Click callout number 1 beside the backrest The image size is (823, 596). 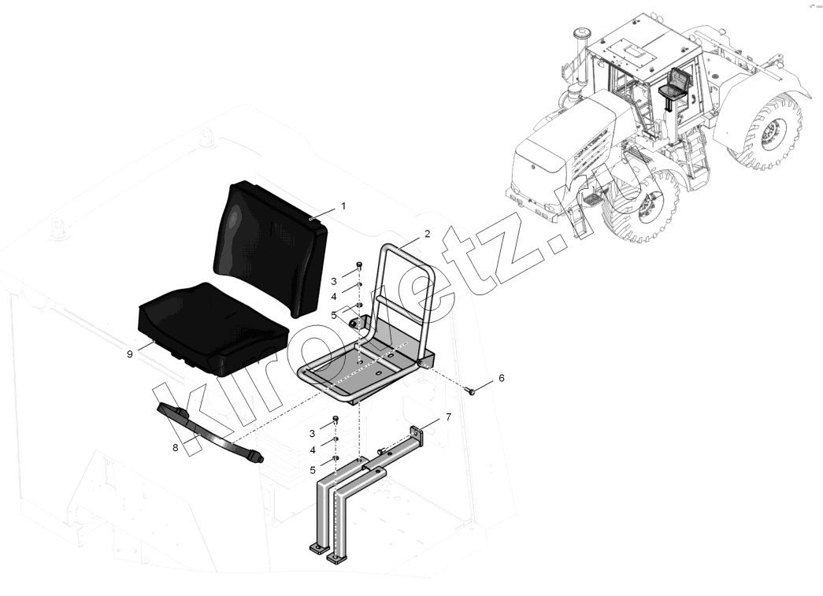pos(344,206)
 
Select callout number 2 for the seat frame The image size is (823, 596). pos(427,234)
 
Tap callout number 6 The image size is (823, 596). pos(501,378)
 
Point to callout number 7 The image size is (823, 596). pos(448,417)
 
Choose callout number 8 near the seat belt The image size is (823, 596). pos(176,447)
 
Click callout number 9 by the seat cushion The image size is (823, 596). pos(130,354)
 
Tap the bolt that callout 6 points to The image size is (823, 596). pos(471,391)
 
